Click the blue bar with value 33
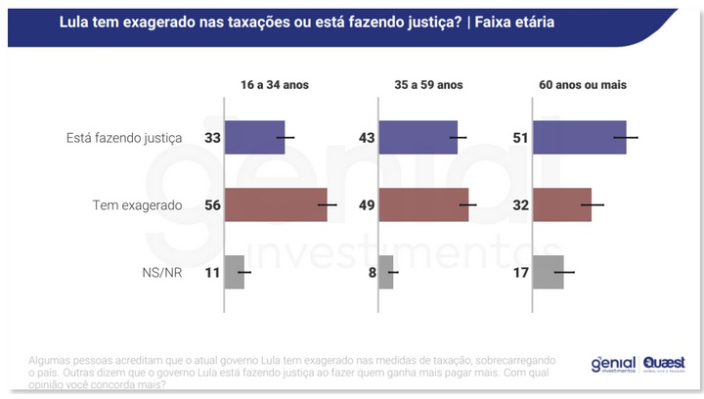click(x=254, y=138)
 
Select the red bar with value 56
click(x=276, y=205)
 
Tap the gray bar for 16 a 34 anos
click(x=235, y=272)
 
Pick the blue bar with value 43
click(x=418, y=138)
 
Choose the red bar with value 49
click(x=423, y=205)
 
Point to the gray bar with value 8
click(x=386, y=272)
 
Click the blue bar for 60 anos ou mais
click(x=579, y=138)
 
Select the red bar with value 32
click(x=562, y=205)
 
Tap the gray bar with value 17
click(x=549, y=272)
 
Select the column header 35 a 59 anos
click(x=423, y=85)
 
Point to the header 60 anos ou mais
click(x=583, y=85)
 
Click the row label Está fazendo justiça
click(x=132, y=138)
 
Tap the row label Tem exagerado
click(x=138, y=205)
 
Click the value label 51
click(x=520, y=138)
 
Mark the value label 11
click(x=211, y=272)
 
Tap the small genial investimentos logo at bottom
click(x=613, y=364)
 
